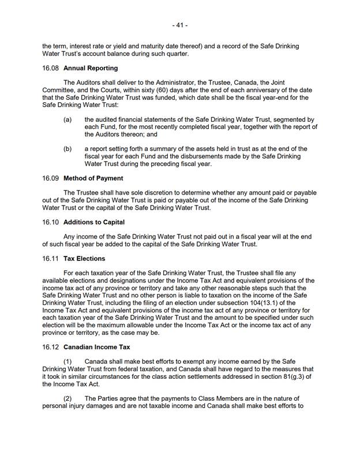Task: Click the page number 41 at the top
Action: (x=180, y=25)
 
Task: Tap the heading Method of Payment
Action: (x=93, y=178)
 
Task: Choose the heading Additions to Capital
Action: (x=94, y=222)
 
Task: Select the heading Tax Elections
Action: (x=84, y=258)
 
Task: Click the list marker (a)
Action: (x=67, y=119)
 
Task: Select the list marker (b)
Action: (x=67, y=148)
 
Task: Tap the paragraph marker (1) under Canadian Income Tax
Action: (x=69, y=361)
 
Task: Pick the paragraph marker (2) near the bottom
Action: (x=69, y=398)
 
